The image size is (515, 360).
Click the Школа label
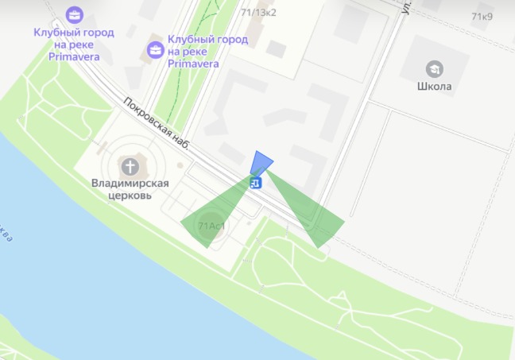coord(434,86)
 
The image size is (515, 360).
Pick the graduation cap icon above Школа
coord(434,68)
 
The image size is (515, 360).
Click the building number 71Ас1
coord(211,226)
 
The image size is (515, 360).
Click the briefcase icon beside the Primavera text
coord(154,50)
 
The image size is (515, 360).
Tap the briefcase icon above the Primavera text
coord(74,14)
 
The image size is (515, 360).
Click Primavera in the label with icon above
coord(74,56)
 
